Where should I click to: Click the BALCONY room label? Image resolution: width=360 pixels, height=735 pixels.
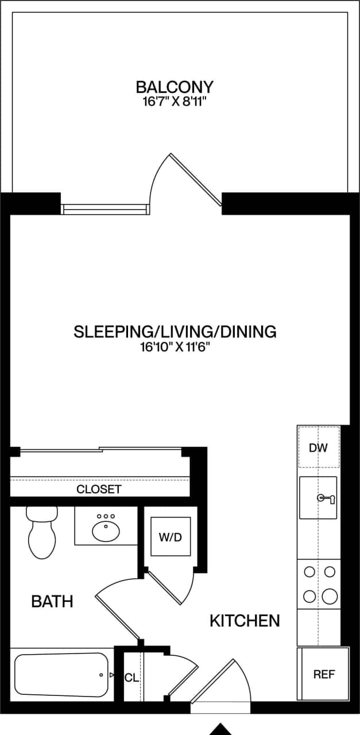pyautogui.click(x=175, y=87)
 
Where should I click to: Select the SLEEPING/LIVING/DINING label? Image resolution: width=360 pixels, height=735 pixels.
pyautogui.click(x=175, y=331)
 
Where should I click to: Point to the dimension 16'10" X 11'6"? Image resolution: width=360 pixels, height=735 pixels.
pyautogui.click(x=175, y=347)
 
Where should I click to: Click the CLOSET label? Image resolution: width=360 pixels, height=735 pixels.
pyautogui.click(x=99, y=489)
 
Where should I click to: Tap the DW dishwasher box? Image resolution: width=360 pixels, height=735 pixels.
pyautogui.click(x=318, y=447)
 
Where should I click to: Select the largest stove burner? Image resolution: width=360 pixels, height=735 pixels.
pyautogui.click(x=330, y=596)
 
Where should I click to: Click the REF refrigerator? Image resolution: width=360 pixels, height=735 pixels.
pyautogui.click(x=323, y=674)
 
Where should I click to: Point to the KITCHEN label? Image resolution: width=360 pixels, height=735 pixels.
pyautogui.click(x=245, y=621)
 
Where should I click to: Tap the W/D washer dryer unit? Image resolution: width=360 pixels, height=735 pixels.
pyautogui.click(x=170, y=537)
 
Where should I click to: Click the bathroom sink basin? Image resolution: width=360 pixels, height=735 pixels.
pyautogui.click(x=105, y=531)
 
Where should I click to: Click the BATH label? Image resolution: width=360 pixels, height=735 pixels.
pyautogui.click(x=52, y=601)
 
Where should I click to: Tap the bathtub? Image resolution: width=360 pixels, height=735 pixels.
pyautogui.click(x=61, y=675)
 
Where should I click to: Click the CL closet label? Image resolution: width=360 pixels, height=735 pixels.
pyautogui.click(x=131, y=678)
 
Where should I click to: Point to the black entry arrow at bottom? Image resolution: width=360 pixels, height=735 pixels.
pyautogui.click(x=220, y=729)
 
